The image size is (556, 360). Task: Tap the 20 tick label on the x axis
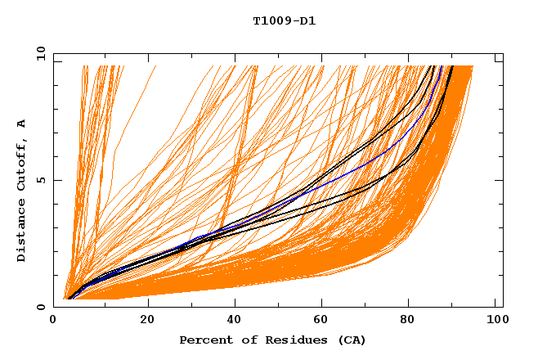[148, 319]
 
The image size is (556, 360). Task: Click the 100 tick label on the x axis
[493, 319]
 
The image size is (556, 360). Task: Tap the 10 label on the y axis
[39, 53]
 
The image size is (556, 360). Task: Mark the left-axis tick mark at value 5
[57, 180]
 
